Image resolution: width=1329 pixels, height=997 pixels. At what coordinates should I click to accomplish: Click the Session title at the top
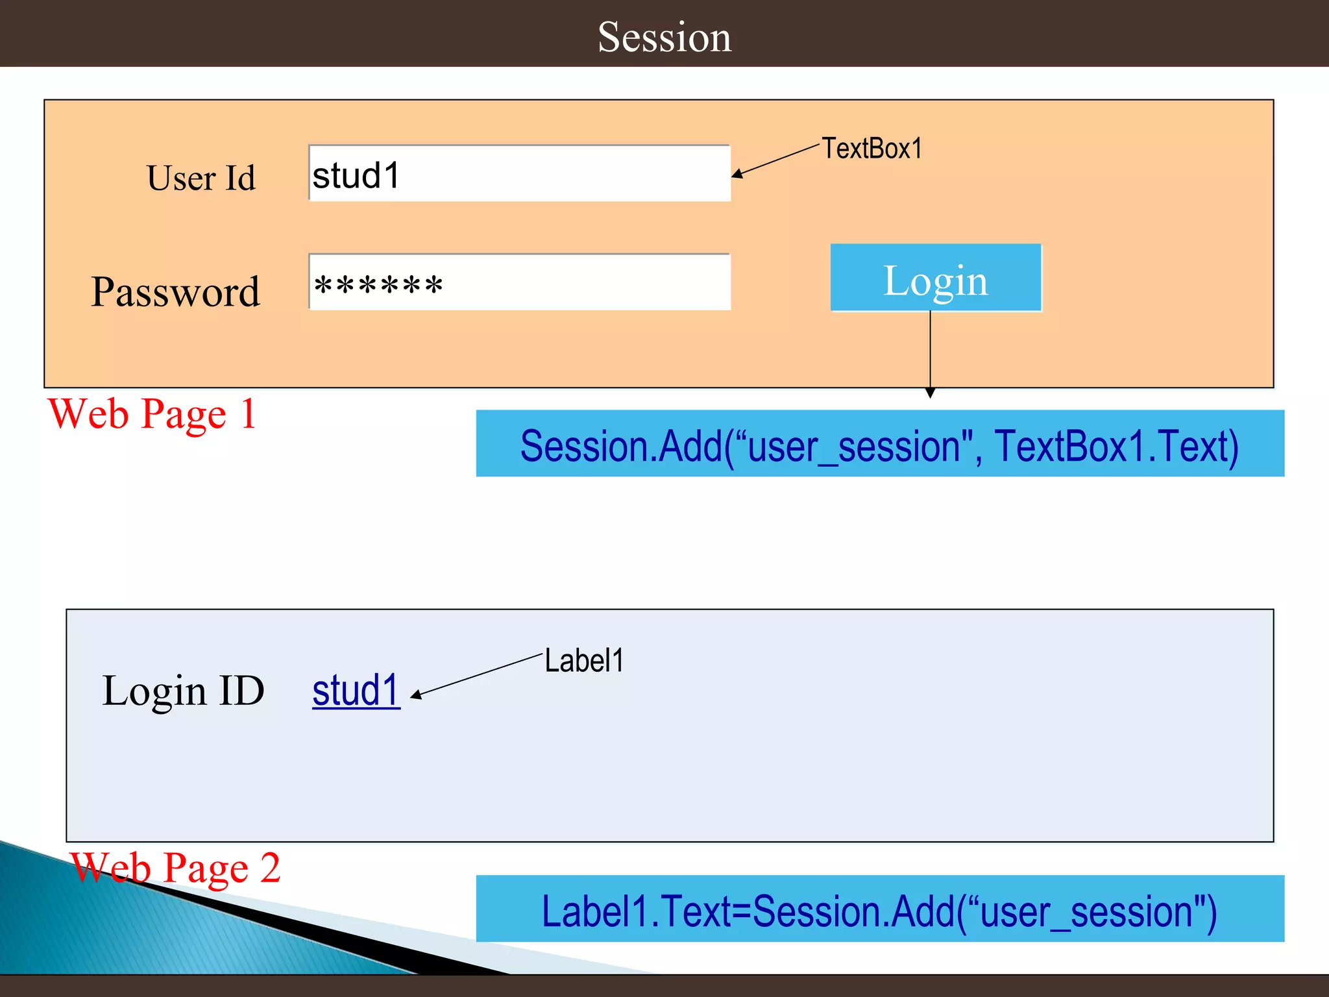664,37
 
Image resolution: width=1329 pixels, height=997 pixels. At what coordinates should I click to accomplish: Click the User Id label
201,178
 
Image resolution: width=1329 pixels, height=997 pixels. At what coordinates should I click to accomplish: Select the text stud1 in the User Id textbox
356,175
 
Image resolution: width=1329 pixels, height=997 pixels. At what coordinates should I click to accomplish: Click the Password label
175,291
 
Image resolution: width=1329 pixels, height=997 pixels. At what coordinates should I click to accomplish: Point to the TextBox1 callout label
872,149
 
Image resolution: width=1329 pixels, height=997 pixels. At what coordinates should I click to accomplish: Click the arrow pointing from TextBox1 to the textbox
775,160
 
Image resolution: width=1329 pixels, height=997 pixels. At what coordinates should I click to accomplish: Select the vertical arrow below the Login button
930,354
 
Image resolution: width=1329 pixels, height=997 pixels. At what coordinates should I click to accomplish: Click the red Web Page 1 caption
152,413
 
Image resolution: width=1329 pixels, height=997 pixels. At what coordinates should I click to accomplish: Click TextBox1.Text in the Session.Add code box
1116,446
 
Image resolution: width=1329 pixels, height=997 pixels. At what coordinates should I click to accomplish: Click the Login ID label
183,690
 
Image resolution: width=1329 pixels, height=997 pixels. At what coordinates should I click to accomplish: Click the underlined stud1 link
356,690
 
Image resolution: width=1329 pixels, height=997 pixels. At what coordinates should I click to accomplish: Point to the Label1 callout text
583,661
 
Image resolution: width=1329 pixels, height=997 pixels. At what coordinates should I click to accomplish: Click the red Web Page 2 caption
175,867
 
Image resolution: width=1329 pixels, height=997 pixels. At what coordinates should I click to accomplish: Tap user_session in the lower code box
1087,911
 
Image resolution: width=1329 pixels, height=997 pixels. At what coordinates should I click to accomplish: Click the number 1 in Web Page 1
248,413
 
